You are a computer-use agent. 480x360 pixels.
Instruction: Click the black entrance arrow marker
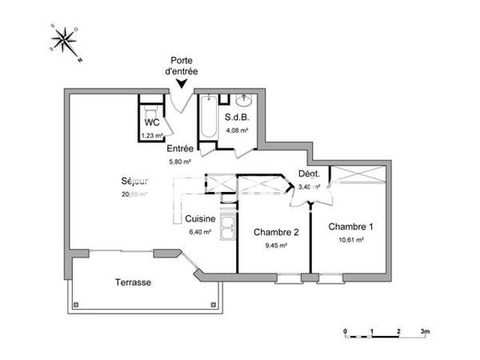coord(183,82)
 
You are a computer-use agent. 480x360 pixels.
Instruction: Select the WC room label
coord(152,122)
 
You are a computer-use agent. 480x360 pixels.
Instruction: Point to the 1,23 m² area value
coord(152,135)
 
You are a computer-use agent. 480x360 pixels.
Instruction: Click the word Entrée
coord(180,149)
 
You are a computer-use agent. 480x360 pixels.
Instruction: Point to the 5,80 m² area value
coord(180,161)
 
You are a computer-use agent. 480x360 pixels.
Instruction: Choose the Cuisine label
coord(199,219)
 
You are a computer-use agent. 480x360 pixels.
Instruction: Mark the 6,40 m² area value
coord(199,232)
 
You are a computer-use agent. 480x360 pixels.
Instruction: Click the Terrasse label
coord(132,282)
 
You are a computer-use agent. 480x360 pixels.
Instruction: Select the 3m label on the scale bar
coord(426,330)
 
